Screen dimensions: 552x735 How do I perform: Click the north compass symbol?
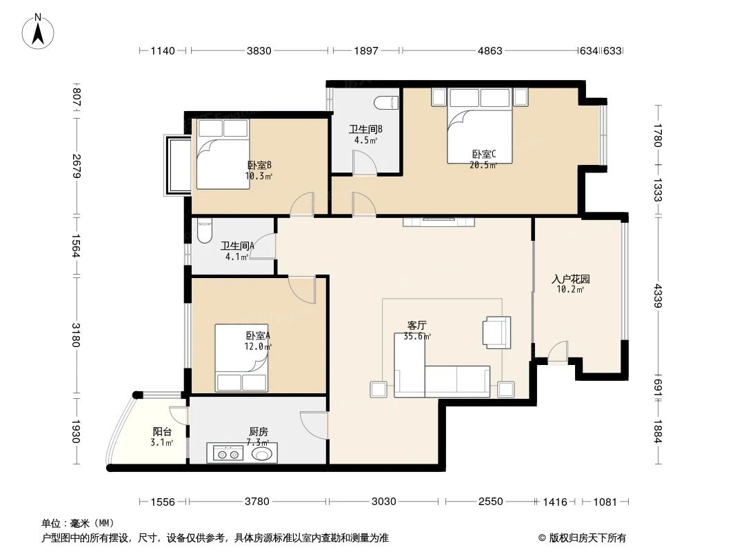tap(39, 30)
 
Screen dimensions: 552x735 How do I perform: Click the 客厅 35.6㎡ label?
tap(417, 331)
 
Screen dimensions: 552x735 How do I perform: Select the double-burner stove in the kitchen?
tap(228, 454)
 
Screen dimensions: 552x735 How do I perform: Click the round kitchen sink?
tap(263, 454)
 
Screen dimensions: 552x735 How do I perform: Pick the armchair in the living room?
tap(496, 331)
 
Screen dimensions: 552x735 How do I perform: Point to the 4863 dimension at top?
tap(490, 50)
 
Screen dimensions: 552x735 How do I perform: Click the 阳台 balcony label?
tap(163, 436)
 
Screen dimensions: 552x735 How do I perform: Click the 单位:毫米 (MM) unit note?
tap(77, 523)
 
